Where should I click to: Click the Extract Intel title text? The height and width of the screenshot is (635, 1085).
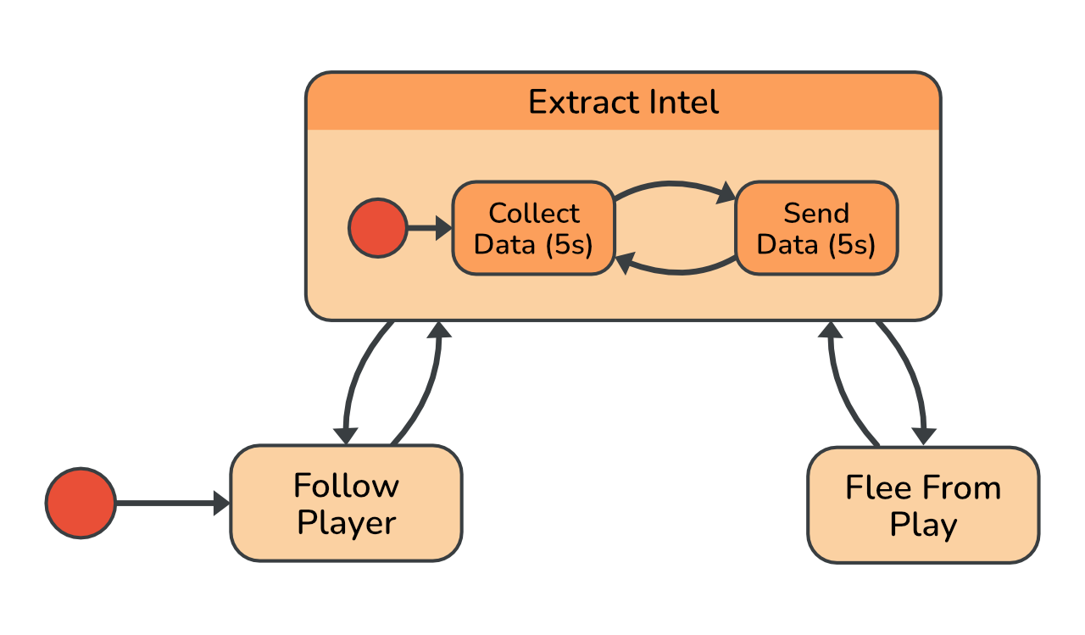tap(623, 103)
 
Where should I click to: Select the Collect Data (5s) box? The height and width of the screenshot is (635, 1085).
tap(533, 228)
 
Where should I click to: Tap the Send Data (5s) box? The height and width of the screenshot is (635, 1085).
tap(815, 228)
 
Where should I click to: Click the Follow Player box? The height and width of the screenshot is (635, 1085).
tap(346, 504)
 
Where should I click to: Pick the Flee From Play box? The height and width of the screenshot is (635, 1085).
tap(922, 505)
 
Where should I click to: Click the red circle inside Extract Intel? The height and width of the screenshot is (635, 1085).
tap(377, 228)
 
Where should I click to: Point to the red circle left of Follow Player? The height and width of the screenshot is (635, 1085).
tap(81, 503)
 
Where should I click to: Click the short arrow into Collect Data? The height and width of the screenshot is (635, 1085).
tap(429, 228)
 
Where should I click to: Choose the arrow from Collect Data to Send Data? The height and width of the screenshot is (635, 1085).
tap(674, 185)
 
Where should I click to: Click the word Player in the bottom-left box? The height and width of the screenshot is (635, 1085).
tap(347, 523)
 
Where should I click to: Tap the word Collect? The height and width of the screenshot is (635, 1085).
tap(534, 213)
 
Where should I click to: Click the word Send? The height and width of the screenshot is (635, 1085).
tap(815, 213)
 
